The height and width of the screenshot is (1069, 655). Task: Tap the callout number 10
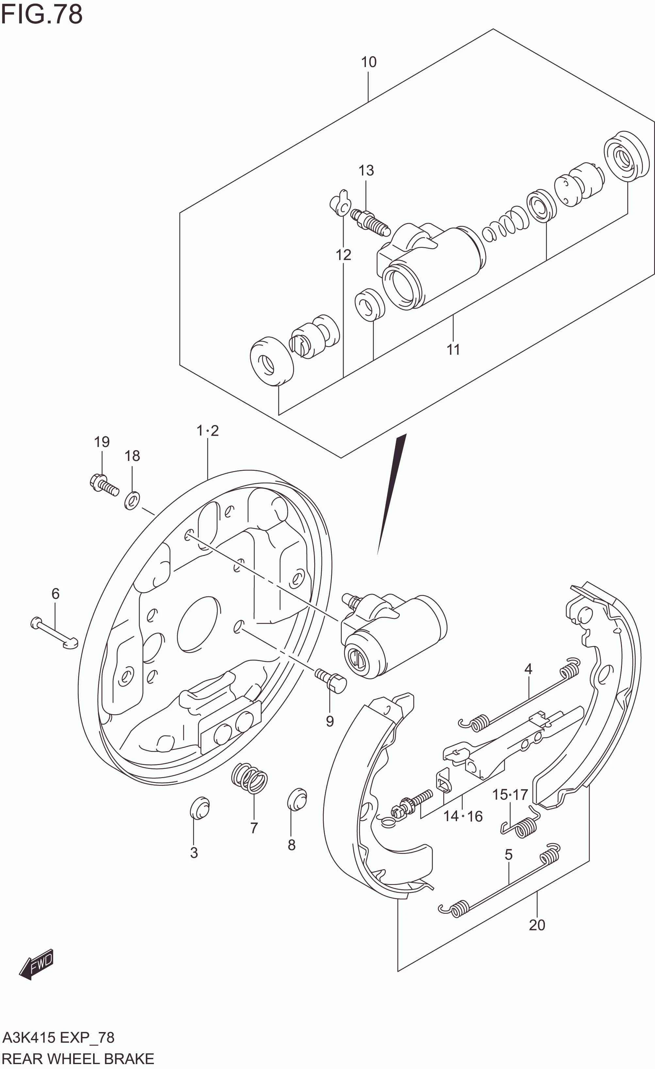click(x=368, y=62)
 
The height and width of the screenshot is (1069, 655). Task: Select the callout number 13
click(x=366, y=171)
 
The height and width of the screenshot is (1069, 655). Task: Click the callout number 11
click(x=453, y=349)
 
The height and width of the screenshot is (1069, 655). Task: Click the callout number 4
click(x=528, y=669)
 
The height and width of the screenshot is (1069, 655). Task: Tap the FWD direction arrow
click(x=37, y=964)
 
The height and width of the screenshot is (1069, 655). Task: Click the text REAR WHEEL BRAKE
click(x=78, y=1059)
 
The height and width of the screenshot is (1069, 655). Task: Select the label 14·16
click(x=463, y=816)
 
